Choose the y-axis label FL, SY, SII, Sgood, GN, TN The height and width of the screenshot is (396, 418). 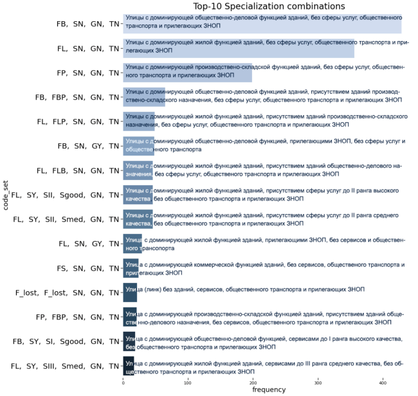coord(66,195)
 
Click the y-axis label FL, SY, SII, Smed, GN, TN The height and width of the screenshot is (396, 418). coord(67,219)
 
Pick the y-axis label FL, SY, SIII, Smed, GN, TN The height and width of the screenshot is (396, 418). coord(66,366)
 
